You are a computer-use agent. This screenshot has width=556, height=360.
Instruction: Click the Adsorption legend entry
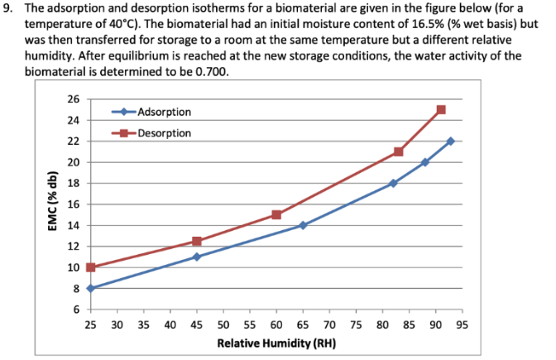164,112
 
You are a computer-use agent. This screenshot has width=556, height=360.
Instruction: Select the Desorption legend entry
164,132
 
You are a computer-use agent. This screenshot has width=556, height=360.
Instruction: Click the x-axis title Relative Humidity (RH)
275,342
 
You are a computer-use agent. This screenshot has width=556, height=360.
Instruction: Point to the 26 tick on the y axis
74,99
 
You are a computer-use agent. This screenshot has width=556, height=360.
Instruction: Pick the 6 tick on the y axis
76,310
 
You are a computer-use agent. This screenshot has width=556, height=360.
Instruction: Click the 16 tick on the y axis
74,204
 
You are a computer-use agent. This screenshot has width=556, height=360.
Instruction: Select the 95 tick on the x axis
462,324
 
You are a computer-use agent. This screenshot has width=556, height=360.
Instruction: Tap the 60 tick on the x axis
276,324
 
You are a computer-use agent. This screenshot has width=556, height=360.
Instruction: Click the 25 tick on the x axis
90,324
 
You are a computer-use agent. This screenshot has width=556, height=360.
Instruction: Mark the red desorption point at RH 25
90,267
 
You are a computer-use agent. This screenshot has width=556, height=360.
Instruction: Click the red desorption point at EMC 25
440,110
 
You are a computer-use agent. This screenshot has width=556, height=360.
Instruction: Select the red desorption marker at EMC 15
276,214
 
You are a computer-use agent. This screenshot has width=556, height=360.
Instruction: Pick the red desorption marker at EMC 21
398,151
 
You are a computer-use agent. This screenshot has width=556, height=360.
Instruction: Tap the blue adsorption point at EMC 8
90,288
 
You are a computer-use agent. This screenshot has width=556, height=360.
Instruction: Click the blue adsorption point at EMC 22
451,142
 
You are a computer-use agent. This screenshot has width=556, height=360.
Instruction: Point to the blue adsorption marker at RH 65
303,225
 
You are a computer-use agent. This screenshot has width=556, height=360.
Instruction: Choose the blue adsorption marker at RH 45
197,257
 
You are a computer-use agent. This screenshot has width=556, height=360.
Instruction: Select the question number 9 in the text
9,8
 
